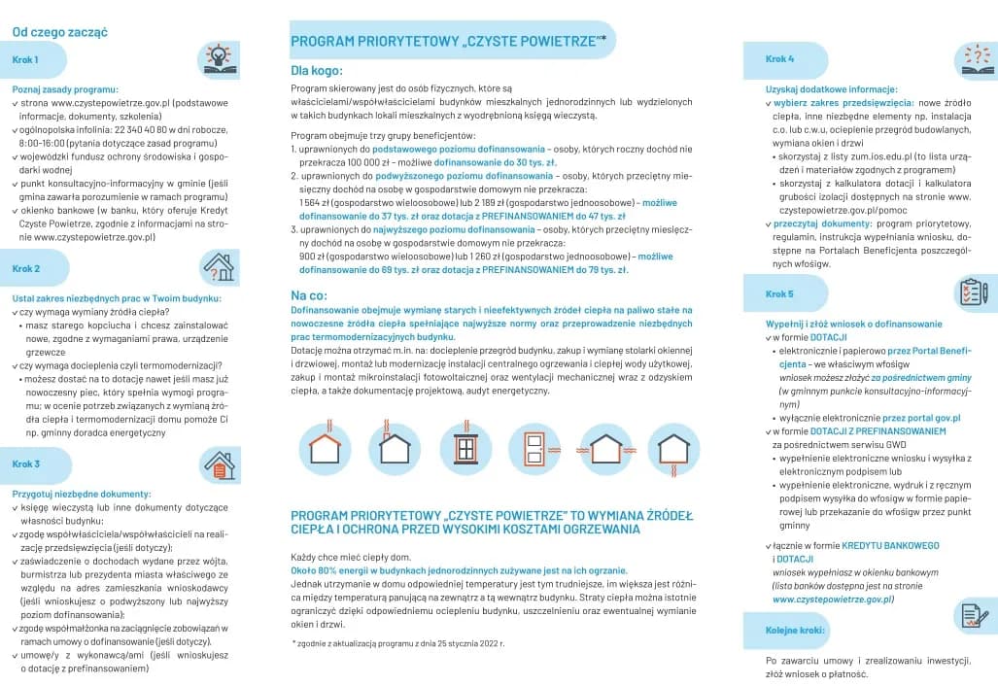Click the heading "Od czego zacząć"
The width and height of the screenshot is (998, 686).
(59, 32)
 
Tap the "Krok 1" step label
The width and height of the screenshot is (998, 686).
(25, 60)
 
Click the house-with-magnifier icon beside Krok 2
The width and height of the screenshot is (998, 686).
(218, 267)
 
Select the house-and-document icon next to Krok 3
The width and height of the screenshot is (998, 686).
(220, 463)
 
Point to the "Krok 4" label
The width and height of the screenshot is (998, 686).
(779, 59)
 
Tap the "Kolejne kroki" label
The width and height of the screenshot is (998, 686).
(795, 630)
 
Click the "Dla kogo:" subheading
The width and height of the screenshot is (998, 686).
(317, 71)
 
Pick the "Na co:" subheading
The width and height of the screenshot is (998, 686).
(309, 294)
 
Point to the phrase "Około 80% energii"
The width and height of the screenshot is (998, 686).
(328, 570)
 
